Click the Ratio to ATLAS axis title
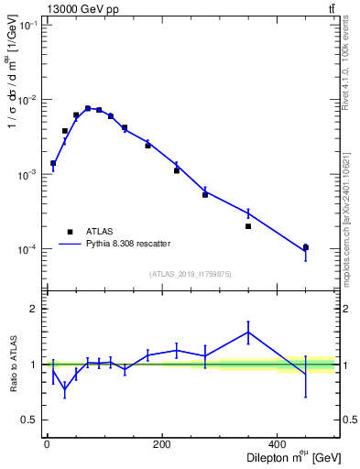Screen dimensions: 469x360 (x=13, y=365)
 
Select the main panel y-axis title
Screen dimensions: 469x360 (x=13, y=88)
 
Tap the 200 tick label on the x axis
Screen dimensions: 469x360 (x=162, y=444)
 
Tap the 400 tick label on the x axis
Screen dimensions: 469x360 (x=278, y=444)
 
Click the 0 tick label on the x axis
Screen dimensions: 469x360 (x=47, y=444)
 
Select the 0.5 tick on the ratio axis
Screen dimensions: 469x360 (x=29, y=420)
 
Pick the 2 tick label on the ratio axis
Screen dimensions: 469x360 (x=34, y=309)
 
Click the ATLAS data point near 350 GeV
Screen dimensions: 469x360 (x=248, y=226)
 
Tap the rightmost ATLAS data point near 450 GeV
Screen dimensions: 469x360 (x=306, y=247)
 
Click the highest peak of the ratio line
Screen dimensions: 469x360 (x=248, y=332)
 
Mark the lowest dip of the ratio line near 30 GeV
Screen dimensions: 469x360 (x=64, y=390)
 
